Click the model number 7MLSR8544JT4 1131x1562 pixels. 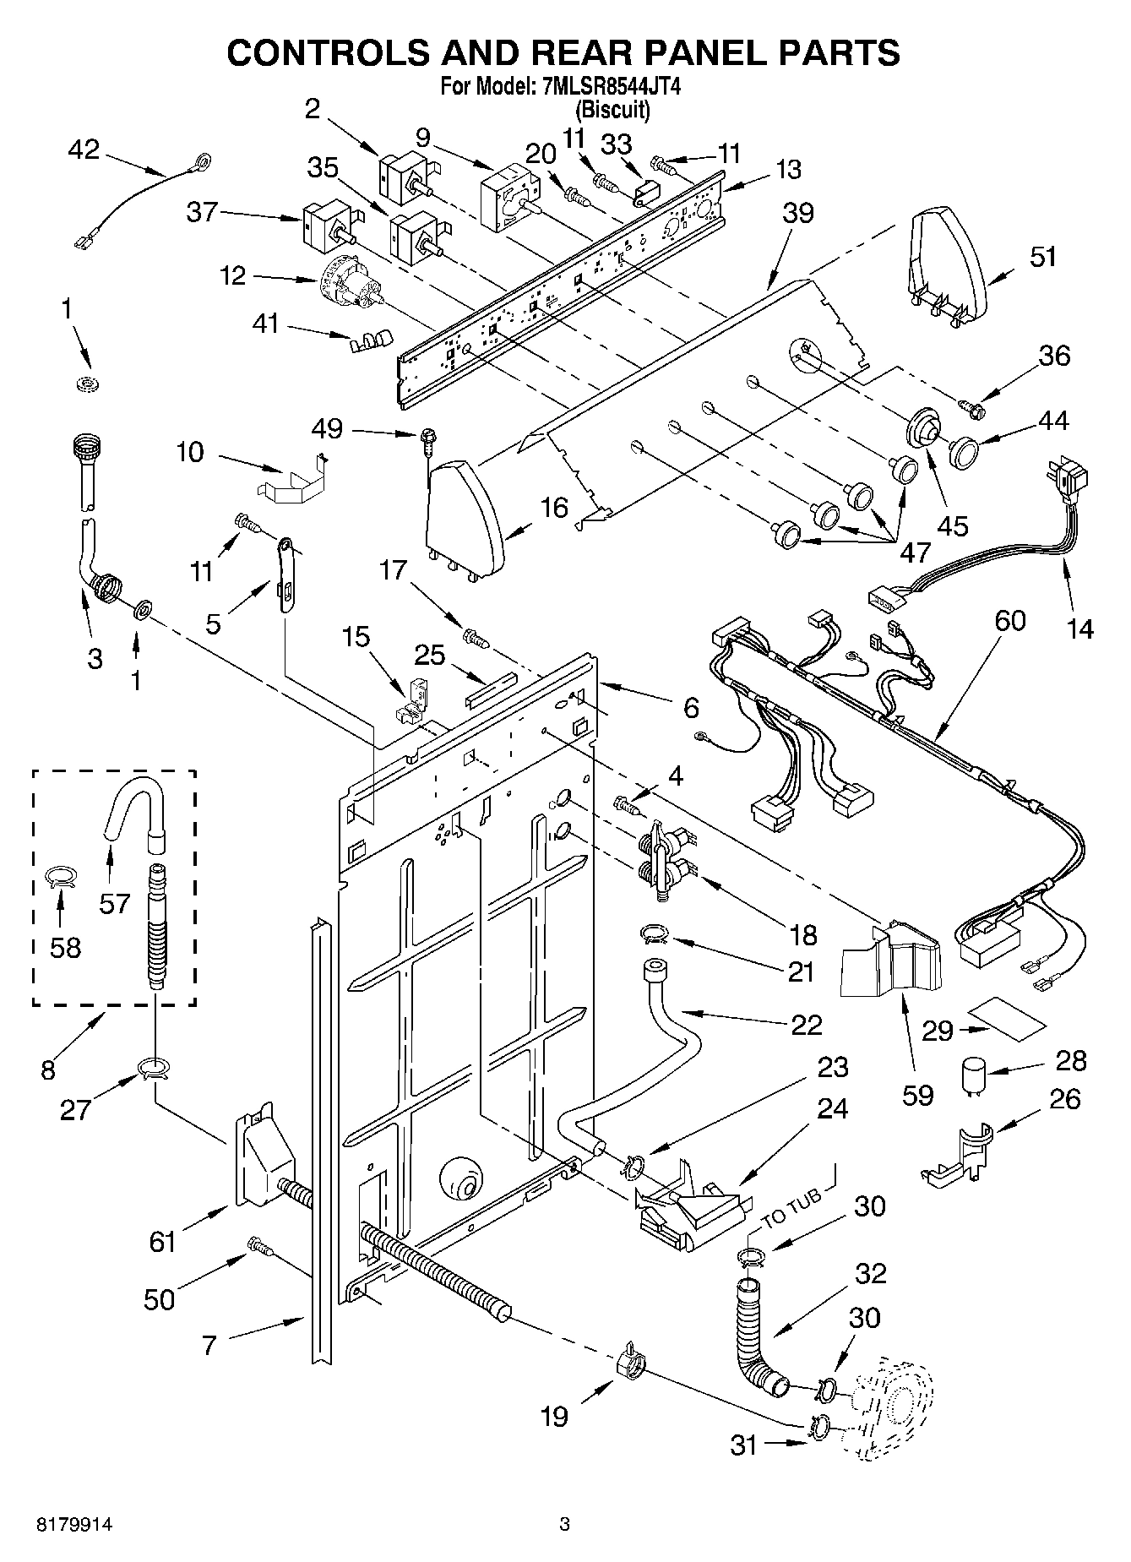click(x=607, y=86)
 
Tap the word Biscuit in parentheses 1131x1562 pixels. click(x=612, y=109)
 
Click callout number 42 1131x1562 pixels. click(x=84, y=150)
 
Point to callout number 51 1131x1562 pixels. click(x=1043, y=256)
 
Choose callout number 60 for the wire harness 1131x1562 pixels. click(x=1009, y=621)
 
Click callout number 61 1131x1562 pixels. click(x=161, y=1241)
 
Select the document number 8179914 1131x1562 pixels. click(x=74, y=1525)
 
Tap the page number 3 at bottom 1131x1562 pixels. click(x=565, y=1525)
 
